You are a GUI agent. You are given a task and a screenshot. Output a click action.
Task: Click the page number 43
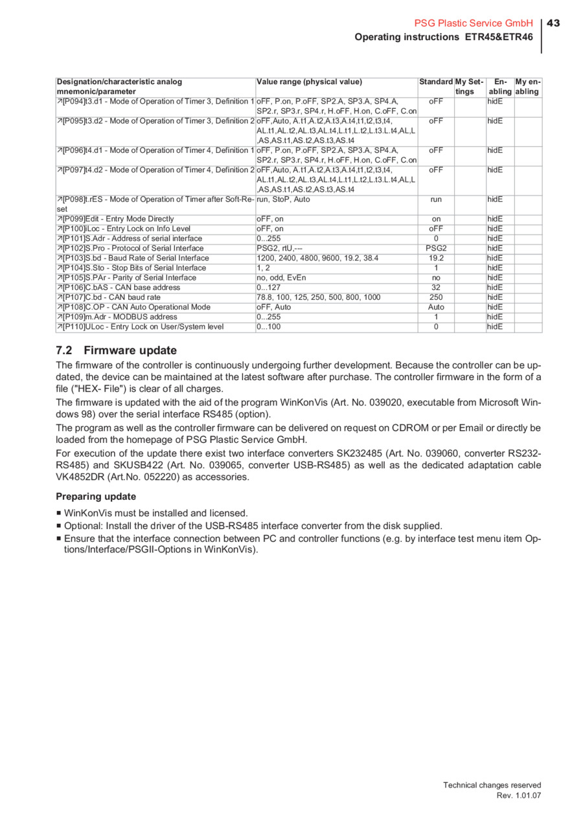tap(553, 23)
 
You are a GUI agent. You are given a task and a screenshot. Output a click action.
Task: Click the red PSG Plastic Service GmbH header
tap(473, 23)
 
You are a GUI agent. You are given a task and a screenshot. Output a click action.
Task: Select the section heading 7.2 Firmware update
tap(116, 350)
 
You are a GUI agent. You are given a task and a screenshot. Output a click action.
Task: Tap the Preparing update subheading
tap(96, 497)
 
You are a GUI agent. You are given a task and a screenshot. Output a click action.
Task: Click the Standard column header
tap(435, 82)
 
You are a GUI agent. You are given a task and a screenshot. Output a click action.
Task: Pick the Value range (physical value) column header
tap(310, 82)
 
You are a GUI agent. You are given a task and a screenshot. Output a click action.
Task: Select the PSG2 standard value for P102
tap(436, 248)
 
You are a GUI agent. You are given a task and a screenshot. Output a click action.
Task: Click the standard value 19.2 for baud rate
tap(436, 258)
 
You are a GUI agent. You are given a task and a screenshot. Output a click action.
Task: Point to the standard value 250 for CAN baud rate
tap(436, 297)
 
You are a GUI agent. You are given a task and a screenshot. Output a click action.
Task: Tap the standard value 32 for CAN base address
tap(436, 288)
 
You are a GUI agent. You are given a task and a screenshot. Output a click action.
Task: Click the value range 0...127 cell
tap(269, 288)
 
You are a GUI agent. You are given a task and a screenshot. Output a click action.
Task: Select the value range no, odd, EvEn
tap(282, 278)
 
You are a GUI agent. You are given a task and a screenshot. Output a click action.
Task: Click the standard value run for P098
tap(436, 199)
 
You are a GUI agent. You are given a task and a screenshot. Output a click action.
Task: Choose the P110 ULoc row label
tap(143, 327)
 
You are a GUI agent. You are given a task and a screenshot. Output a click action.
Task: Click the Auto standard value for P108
tap(436, 307)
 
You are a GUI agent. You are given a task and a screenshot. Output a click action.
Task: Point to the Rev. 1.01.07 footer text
tap(518, 795)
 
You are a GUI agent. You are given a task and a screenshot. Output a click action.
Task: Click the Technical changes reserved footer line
tap(492, 785)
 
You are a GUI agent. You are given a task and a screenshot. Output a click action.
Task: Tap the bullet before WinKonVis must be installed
tap(59, 514)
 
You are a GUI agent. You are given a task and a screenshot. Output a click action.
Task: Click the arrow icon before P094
tap(60, 102)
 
